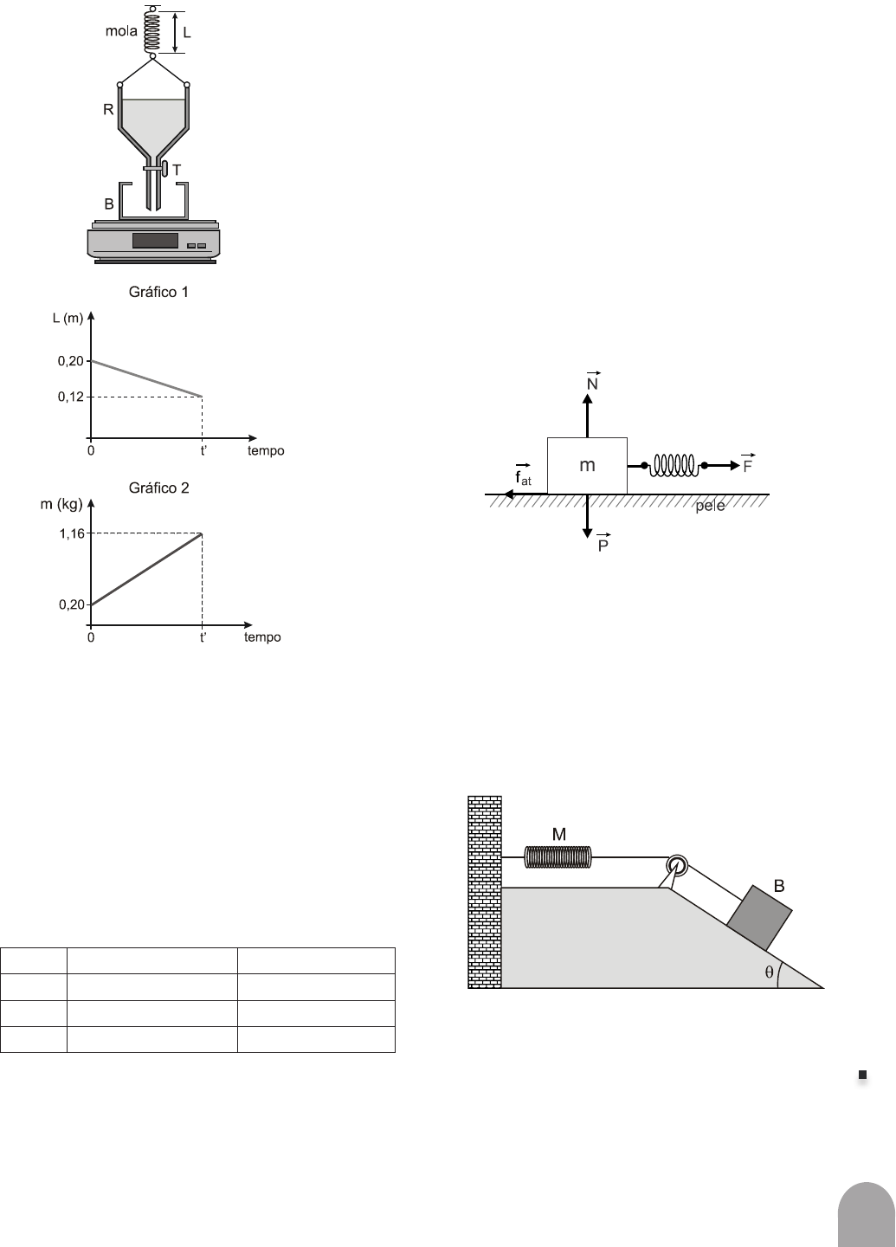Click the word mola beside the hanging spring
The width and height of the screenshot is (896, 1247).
[x=121, y=31]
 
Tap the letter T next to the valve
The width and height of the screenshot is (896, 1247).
[x=177, y=171]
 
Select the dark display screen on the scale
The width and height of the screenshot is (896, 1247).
[x=155, y=241]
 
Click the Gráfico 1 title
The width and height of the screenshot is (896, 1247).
[x=158, y=292]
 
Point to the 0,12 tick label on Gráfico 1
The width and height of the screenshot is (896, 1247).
[x=71, y=397]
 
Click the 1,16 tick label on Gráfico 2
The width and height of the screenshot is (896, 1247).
[x=72, y=533]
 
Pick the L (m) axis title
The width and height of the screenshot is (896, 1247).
[x=68, y=318]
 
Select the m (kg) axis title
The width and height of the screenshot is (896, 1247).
[x=61, y=504]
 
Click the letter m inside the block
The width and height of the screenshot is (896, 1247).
[x=587, y=465]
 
